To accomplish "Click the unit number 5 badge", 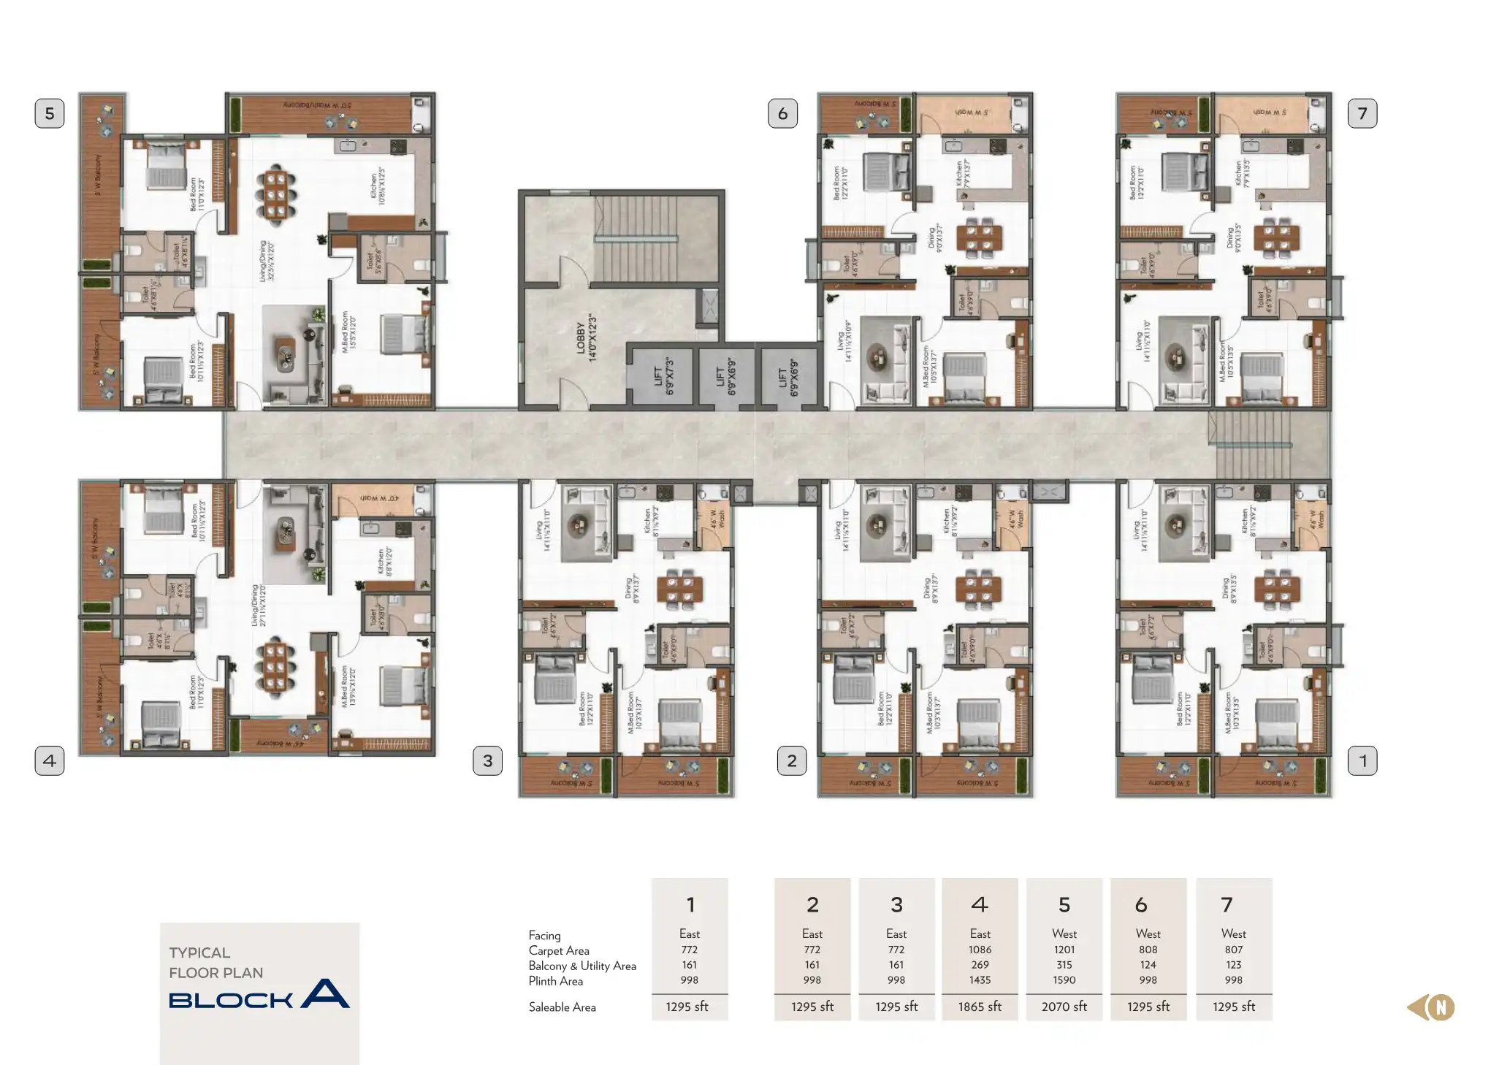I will (x=50, y=113).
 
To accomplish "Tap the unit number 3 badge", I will (x=487, y=760).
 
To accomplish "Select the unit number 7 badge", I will (x=1362, y=113).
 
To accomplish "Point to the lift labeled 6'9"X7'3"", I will (x=663, y=376).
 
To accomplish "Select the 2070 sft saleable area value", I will (x=1064, y=1007).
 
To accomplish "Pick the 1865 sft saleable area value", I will (x=980, y=1007).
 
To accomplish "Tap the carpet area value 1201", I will (x=1064, y=950).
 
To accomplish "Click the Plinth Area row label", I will (x=555, y=981).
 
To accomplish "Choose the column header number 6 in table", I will (x=1141, y=905).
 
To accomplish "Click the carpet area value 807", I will (x=1233, y=950).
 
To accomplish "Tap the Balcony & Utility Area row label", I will (x=582, y=966).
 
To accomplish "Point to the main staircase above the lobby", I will (x=635, y=237).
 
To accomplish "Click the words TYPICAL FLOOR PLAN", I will (x=215, y=963).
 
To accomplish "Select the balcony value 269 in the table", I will (x=980, y=965).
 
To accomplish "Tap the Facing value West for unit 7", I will (x=1233, y=934).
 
